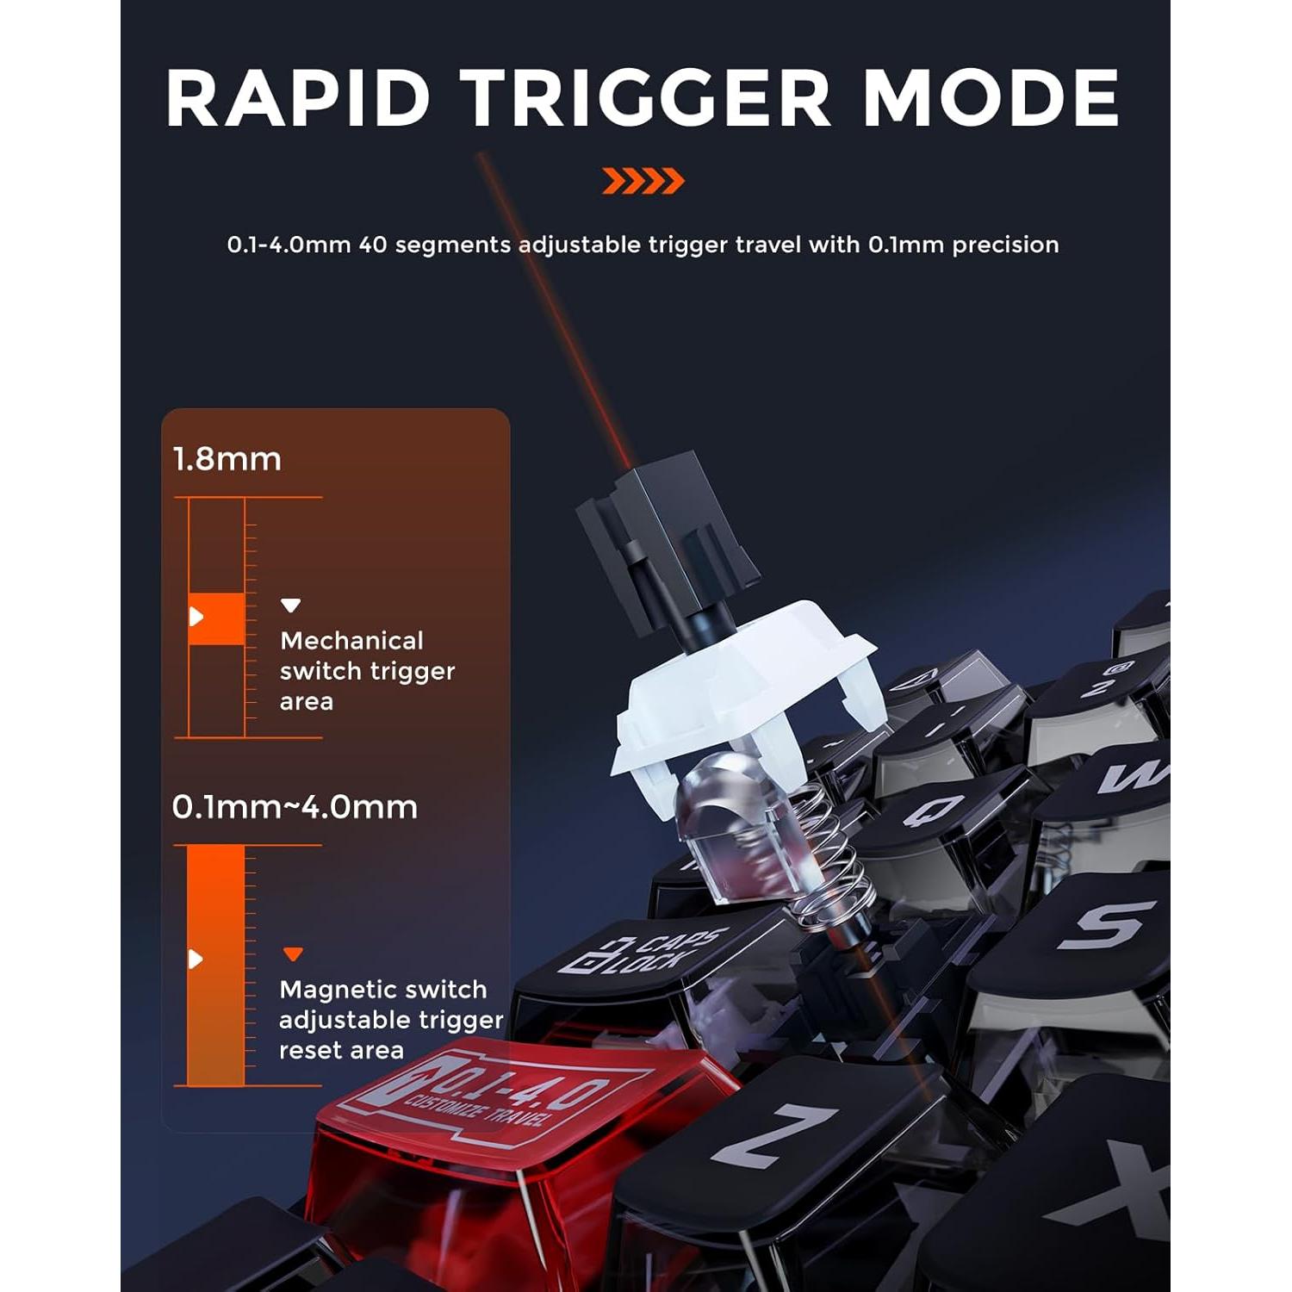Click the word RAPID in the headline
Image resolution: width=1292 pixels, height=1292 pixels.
[x=298, y=98]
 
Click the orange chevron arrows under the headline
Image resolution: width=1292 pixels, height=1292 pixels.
[x=643, y=182]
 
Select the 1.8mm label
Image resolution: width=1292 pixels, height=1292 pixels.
[x=227, y=459]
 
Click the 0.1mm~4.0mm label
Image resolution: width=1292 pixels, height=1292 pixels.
[x=295, y=807]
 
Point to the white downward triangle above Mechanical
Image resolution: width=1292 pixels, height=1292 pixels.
[x=291, y=606]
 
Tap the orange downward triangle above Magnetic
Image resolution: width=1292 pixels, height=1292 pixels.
[x=293, y=954]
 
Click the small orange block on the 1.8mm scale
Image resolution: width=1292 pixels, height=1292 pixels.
[x=217, y=618]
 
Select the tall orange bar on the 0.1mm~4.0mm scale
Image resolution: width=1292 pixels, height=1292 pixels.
[x=215, y=965]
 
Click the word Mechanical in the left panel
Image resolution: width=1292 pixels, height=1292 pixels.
[x=351, y=641]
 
